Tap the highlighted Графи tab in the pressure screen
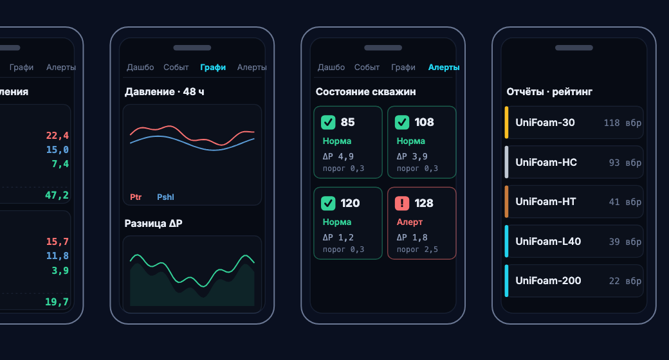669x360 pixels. (x=213, y=67)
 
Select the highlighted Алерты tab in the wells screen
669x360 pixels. (x=444, y=67)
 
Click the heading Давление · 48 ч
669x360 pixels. (x=164, y=92)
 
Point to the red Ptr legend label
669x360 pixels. (x=136, y=197)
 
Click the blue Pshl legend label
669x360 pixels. (x=165, y=197)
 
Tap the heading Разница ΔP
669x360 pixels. (x=153, y=224)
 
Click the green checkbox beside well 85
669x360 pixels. (x=328, y=122)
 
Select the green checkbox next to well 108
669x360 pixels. (x=402, y=122)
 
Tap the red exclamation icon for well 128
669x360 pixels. (x=402, y=203)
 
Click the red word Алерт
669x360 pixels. (x=410, y=222)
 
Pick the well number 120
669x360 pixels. (x=351, y=203)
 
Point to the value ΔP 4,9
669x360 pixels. (x=338, y=157)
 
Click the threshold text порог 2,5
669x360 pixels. (x=417, y=249)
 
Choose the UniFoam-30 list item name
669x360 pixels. (x=545, y=122)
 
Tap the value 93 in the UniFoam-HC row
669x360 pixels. (x=614, y=163)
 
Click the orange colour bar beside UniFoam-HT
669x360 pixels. (x=506, y=202)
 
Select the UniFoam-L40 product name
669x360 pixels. (x=548, y=242)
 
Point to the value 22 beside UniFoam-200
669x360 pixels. (x=614, y=281)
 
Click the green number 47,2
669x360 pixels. (x=57, y=195)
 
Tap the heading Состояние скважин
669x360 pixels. (x=365, y=92)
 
